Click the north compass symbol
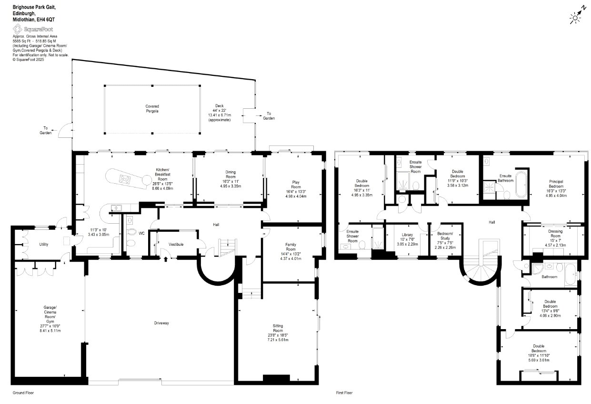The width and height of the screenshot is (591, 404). (577, 16)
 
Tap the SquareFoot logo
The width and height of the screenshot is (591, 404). (33, 29)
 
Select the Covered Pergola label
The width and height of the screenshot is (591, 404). (152, 109)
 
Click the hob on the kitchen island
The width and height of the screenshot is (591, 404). (124, 179)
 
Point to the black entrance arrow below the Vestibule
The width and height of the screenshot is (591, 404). (166, 259)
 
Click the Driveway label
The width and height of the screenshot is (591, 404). (161, 323)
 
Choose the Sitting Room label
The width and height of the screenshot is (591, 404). (278, 328)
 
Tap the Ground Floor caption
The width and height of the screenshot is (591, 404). (23, 393)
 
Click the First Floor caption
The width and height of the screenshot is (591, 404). (344, 393)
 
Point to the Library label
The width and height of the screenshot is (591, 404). (407, 235)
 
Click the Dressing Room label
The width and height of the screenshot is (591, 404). (555, 234)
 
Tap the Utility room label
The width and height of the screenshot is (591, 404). (44, 244)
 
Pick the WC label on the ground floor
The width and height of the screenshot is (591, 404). (142, 233)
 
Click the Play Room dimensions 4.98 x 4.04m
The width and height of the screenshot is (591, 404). (296, 197)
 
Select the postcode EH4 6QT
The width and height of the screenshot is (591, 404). (46, 20)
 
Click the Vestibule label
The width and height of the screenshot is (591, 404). (176, 244)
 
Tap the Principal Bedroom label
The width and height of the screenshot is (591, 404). (556, 184)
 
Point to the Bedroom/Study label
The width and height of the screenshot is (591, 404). (445, 236)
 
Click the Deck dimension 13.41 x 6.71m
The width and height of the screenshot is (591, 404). (220, 115)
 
